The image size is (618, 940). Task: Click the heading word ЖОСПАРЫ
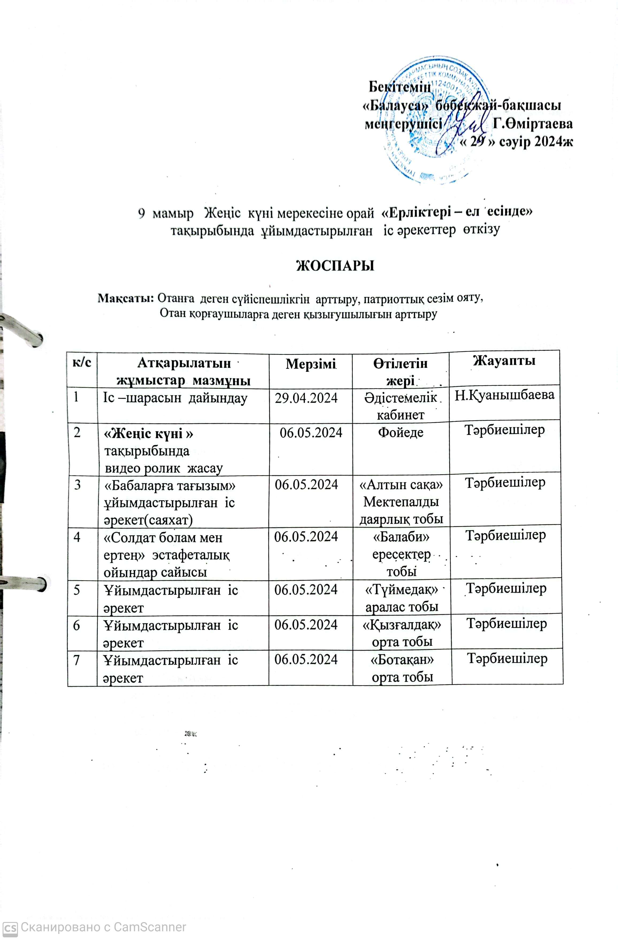pos(335,265)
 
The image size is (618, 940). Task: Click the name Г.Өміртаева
pos(533,124)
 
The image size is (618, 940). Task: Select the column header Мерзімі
pos(310,363)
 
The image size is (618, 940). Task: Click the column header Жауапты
pos(504,361)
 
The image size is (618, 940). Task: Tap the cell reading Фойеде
pos(401,432)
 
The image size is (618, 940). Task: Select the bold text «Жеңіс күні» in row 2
pos(148,434)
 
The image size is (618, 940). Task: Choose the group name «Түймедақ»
pos(401,590)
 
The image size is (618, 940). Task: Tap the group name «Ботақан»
pos(402,659)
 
